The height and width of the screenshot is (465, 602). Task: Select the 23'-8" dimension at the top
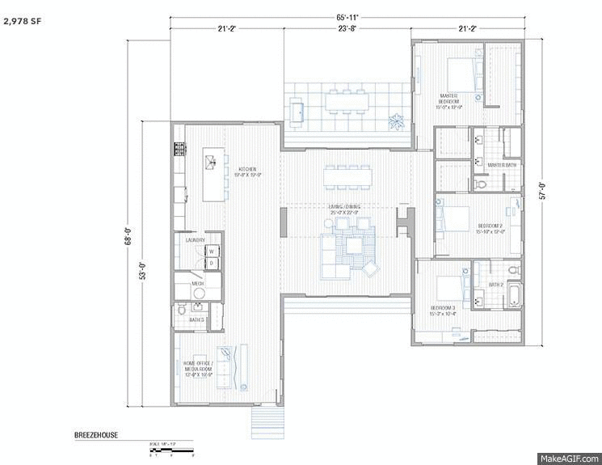(347, 29)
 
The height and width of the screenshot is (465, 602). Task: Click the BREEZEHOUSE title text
(95, 435)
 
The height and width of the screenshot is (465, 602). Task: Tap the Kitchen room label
(247, 171)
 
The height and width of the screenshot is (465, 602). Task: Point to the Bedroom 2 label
(490, 228)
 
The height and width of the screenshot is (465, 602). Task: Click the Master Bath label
(502, 165)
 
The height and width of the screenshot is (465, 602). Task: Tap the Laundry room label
(195, 240)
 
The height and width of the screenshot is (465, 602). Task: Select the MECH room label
(197, 284)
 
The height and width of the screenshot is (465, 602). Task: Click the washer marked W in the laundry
(210, 252)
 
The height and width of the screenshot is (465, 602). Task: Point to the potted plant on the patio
(396, 123)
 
